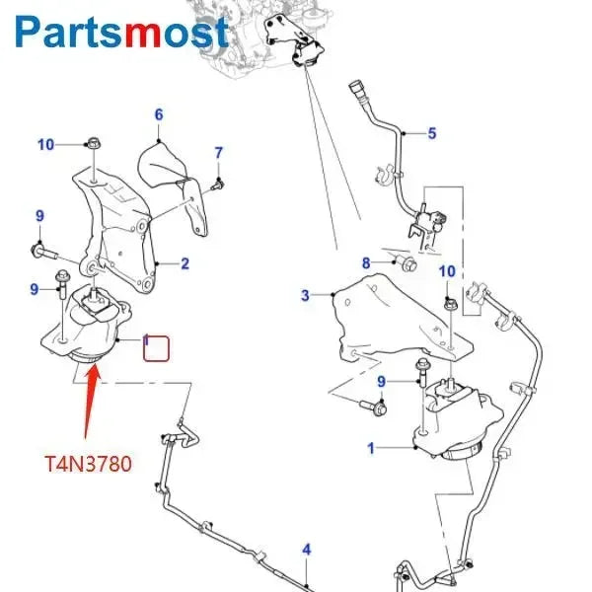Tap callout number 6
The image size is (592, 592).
(158, 115)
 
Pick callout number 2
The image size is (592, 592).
(185, 263)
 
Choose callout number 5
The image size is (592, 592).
(431, 133)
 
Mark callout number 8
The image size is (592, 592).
(366, 262)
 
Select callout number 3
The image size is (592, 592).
(305, 295)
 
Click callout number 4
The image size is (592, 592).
(306, 550)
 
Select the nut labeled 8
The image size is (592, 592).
(407, 263)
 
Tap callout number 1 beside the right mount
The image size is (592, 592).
(371, 449)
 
